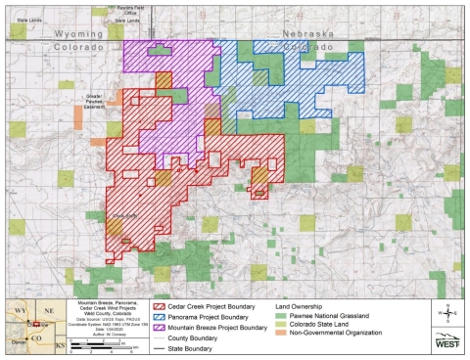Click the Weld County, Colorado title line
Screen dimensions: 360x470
tap(103, 316)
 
